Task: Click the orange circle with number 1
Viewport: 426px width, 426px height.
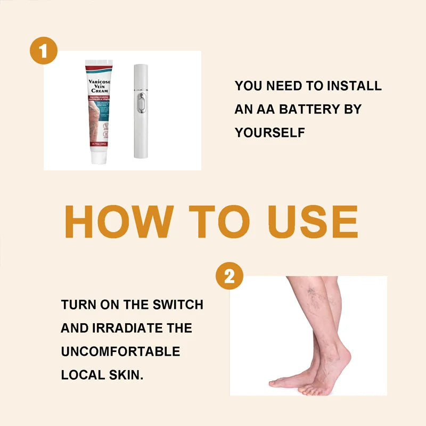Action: pyautogui.click(x=44, y=52)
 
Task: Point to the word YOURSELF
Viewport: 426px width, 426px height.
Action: pyautogui.click(x=270, y=133)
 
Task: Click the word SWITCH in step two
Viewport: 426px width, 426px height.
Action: pyautogui.click(x=178, y=305)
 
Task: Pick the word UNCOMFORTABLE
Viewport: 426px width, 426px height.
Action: pyautogui.click(x=120, y=352)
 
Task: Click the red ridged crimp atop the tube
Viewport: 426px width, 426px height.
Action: pyautogui.click(x=98, y=64)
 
